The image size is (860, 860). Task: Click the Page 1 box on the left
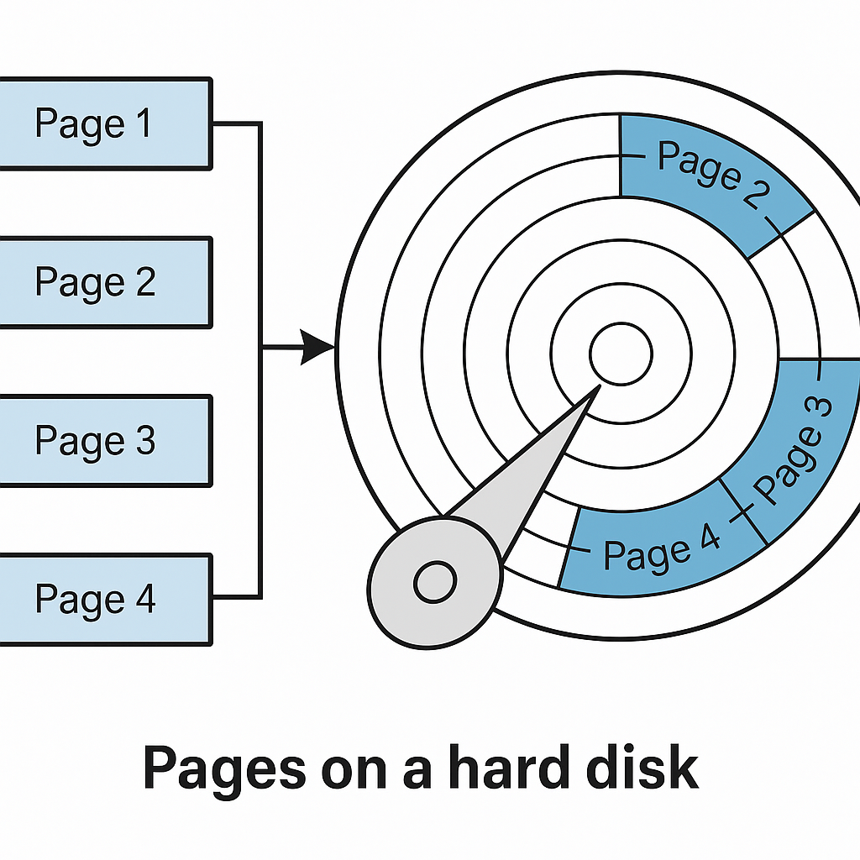[105, 123]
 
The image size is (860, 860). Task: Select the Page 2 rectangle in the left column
[105, 282]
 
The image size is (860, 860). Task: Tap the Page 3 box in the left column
[105, 440]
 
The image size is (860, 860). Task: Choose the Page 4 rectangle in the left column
[105, 600]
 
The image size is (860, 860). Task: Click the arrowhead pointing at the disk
[317, 347]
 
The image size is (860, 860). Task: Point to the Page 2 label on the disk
[713, 175]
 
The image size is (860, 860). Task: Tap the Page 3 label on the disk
[793, 450]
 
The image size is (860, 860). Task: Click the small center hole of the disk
[621, 354]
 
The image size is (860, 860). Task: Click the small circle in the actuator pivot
[435, 581]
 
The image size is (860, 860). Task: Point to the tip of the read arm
[600, 385]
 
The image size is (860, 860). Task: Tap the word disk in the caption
[642, 767]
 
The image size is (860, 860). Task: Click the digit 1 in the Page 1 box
[144, 123]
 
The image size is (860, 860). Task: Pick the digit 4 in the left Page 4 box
[145, 598]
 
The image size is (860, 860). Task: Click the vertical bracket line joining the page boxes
[260, 360]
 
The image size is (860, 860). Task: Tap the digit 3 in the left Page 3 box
[145, 439]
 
